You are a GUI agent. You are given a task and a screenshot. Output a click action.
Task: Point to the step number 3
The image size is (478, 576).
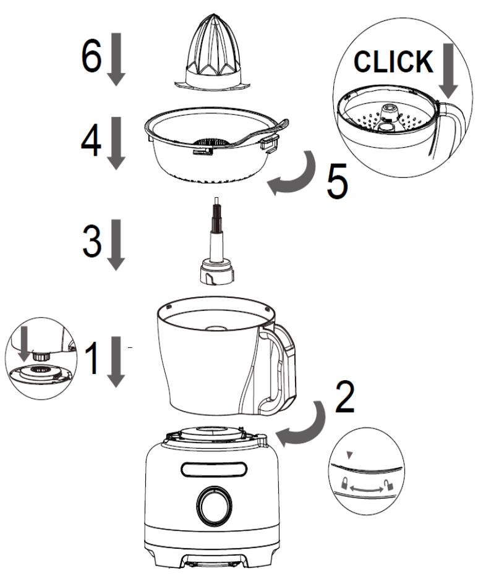(93, 243)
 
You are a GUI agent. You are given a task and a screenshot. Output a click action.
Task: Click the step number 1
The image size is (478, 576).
(92, 360)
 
